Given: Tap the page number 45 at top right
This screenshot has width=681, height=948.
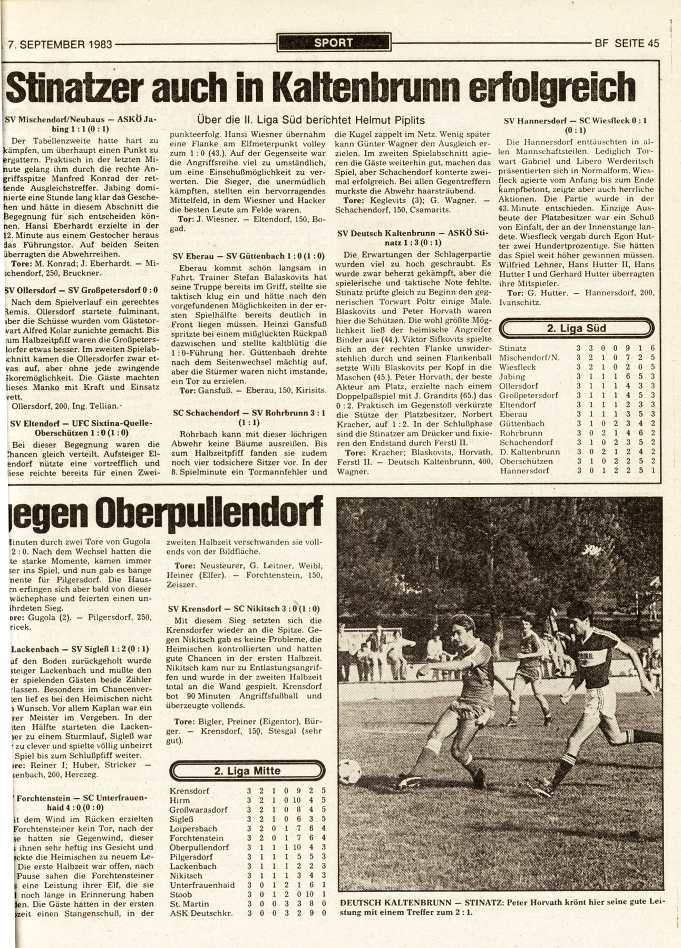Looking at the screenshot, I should click(x=653, y=44).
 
